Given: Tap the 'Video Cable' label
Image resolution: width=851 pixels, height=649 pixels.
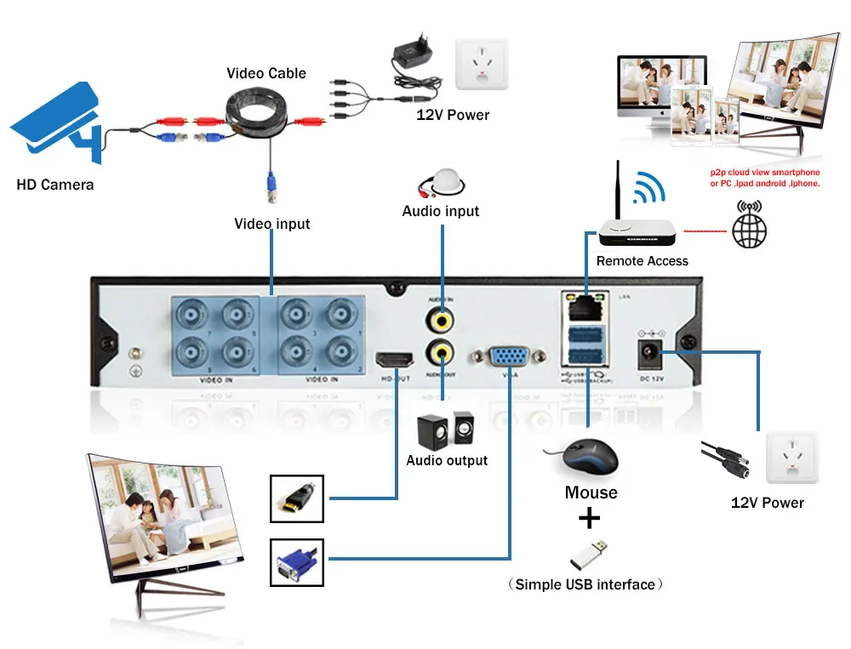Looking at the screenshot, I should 266,73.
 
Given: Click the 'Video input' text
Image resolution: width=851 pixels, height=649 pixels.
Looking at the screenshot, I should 272,225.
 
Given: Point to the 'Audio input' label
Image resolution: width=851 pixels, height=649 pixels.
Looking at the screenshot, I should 441,211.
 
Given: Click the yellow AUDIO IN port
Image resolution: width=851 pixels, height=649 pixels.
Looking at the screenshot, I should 441,319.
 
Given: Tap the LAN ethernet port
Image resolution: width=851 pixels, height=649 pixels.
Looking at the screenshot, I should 583,300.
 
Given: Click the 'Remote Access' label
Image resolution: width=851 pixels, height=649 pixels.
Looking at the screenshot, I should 643,261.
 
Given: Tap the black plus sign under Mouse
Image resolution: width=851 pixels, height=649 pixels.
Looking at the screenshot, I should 589,519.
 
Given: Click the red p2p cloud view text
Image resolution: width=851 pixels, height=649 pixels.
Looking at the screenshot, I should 765,177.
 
